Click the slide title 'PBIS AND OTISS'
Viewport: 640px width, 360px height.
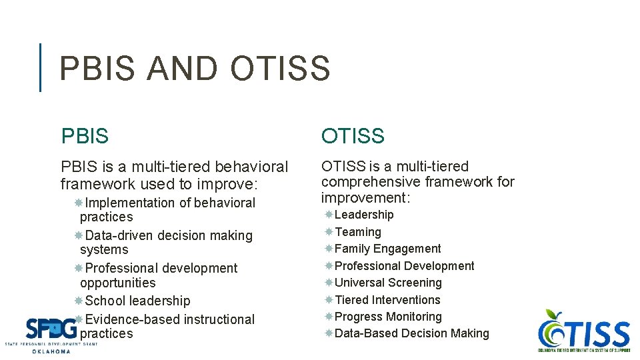coord(195,69)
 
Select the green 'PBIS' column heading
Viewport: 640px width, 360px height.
coord(84,136)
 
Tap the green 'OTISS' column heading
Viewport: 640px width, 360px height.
coord(353,136)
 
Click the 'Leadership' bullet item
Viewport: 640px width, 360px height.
coord(364,215)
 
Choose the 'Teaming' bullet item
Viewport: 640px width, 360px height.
coord(358,232)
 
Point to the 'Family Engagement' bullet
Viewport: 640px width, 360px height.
coord(387,249)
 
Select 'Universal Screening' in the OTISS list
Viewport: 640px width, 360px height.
coord(388,283)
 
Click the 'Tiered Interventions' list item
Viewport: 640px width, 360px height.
coord(387,300)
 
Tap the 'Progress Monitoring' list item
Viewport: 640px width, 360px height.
coord(388,317)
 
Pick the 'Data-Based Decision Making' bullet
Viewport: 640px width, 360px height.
coord(411,333)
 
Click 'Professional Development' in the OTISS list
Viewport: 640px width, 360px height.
coord(404,266)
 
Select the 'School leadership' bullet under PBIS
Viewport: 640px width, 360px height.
coord(137,301)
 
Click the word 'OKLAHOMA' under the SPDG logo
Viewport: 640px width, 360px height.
coord(51,351)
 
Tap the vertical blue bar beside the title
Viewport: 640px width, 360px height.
coord(41,67)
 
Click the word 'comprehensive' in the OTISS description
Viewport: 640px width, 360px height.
coord(371,181)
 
